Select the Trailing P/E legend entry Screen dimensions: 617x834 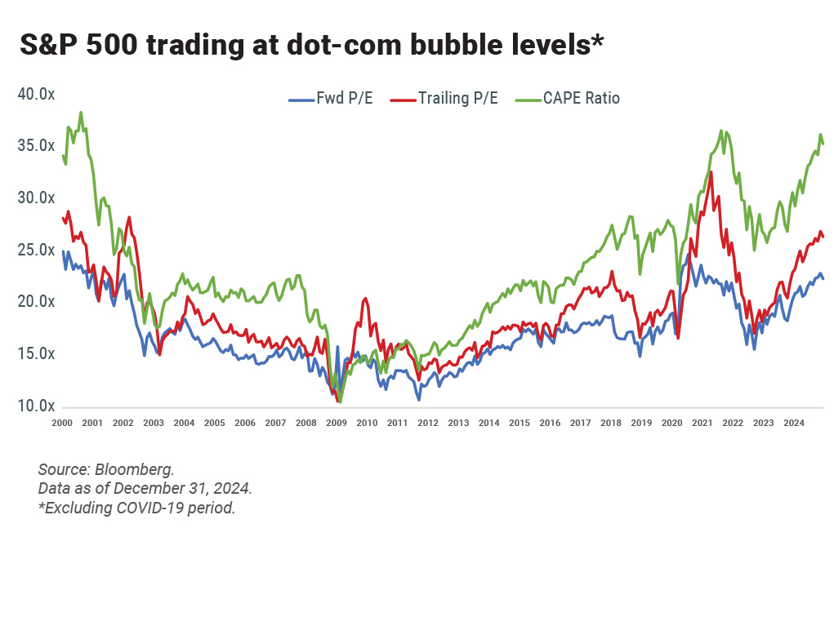tap(457, 99)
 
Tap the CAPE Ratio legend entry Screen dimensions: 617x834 tap(580, 99)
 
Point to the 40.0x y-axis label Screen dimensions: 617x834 tap(37, 95)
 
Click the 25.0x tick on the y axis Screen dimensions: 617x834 tap(37, 251)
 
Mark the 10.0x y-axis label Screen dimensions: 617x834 tap(37, 406)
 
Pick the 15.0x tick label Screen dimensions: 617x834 tap(37, 354)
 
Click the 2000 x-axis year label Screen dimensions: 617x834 tap(62, 423)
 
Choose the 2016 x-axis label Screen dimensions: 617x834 tap(550, 423)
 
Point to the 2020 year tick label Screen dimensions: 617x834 tap(671, 423)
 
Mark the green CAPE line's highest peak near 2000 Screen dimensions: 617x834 tap(80, 113)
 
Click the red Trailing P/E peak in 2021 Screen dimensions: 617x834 tap(711, 172)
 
